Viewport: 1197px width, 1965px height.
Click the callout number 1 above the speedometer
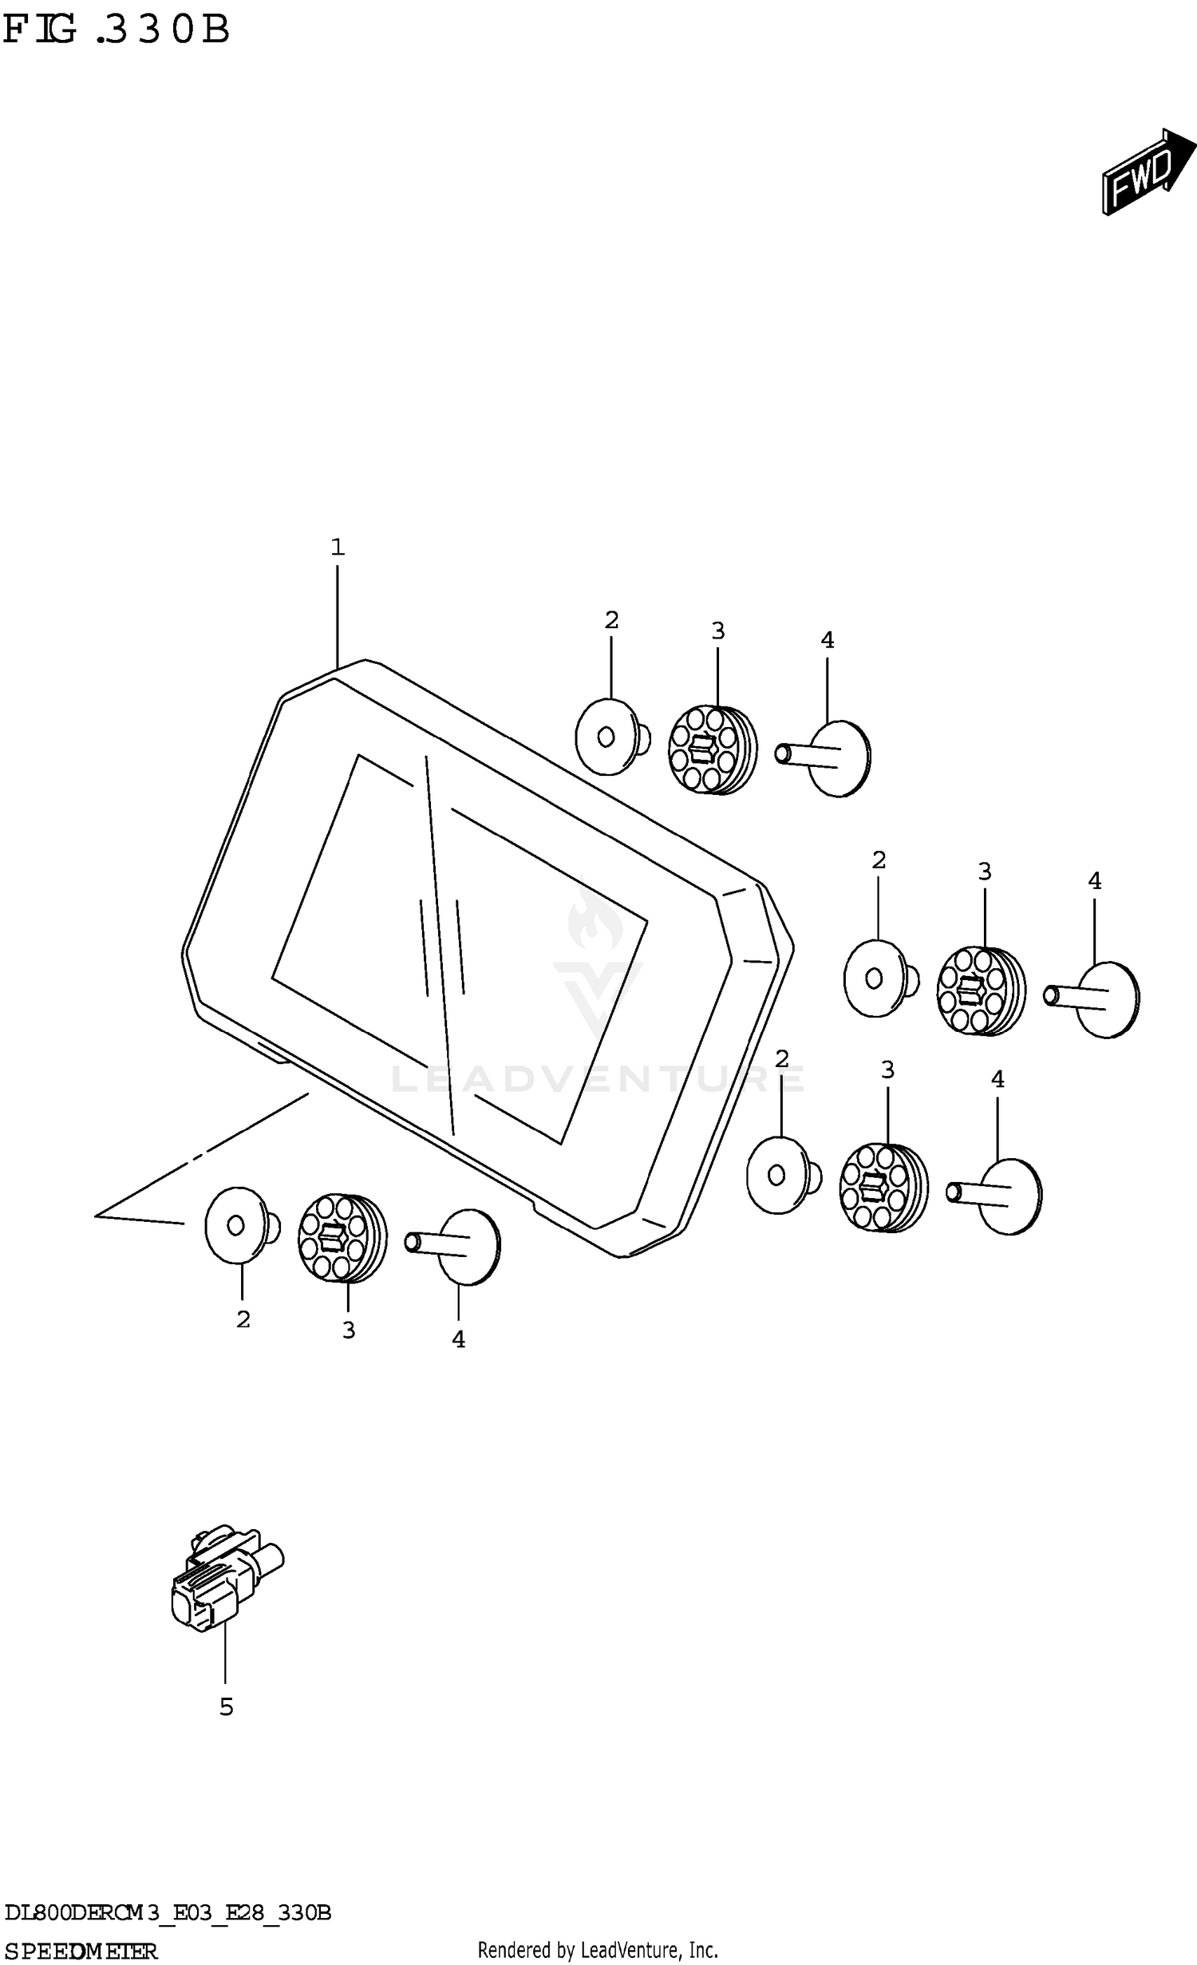pyautogui.click(x=338, y=548)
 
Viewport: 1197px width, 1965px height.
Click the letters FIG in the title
pyautogui.click(x=40, y=30)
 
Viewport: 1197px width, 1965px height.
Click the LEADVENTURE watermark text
pyautogui.click(x=598, y=1079)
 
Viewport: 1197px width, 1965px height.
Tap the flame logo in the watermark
pyautogui.click(x=595, y=918)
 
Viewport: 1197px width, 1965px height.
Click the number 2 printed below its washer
pyautogui.click(x=243, y=1320)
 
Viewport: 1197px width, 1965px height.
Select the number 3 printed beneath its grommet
pyautogui.click(x=349, y=1330)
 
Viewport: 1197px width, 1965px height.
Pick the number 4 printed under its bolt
pyautogui.click(x=458, y=1340)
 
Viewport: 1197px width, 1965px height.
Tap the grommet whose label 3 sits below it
pyautogui.click(x=342, y=1238)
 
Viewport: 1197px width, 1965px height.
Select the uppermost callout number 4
pyautogui.click(x=828, y=640)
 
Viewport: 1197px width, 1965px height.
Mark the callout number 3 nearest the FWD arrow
pyautogui.click(x=718, y=631)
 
